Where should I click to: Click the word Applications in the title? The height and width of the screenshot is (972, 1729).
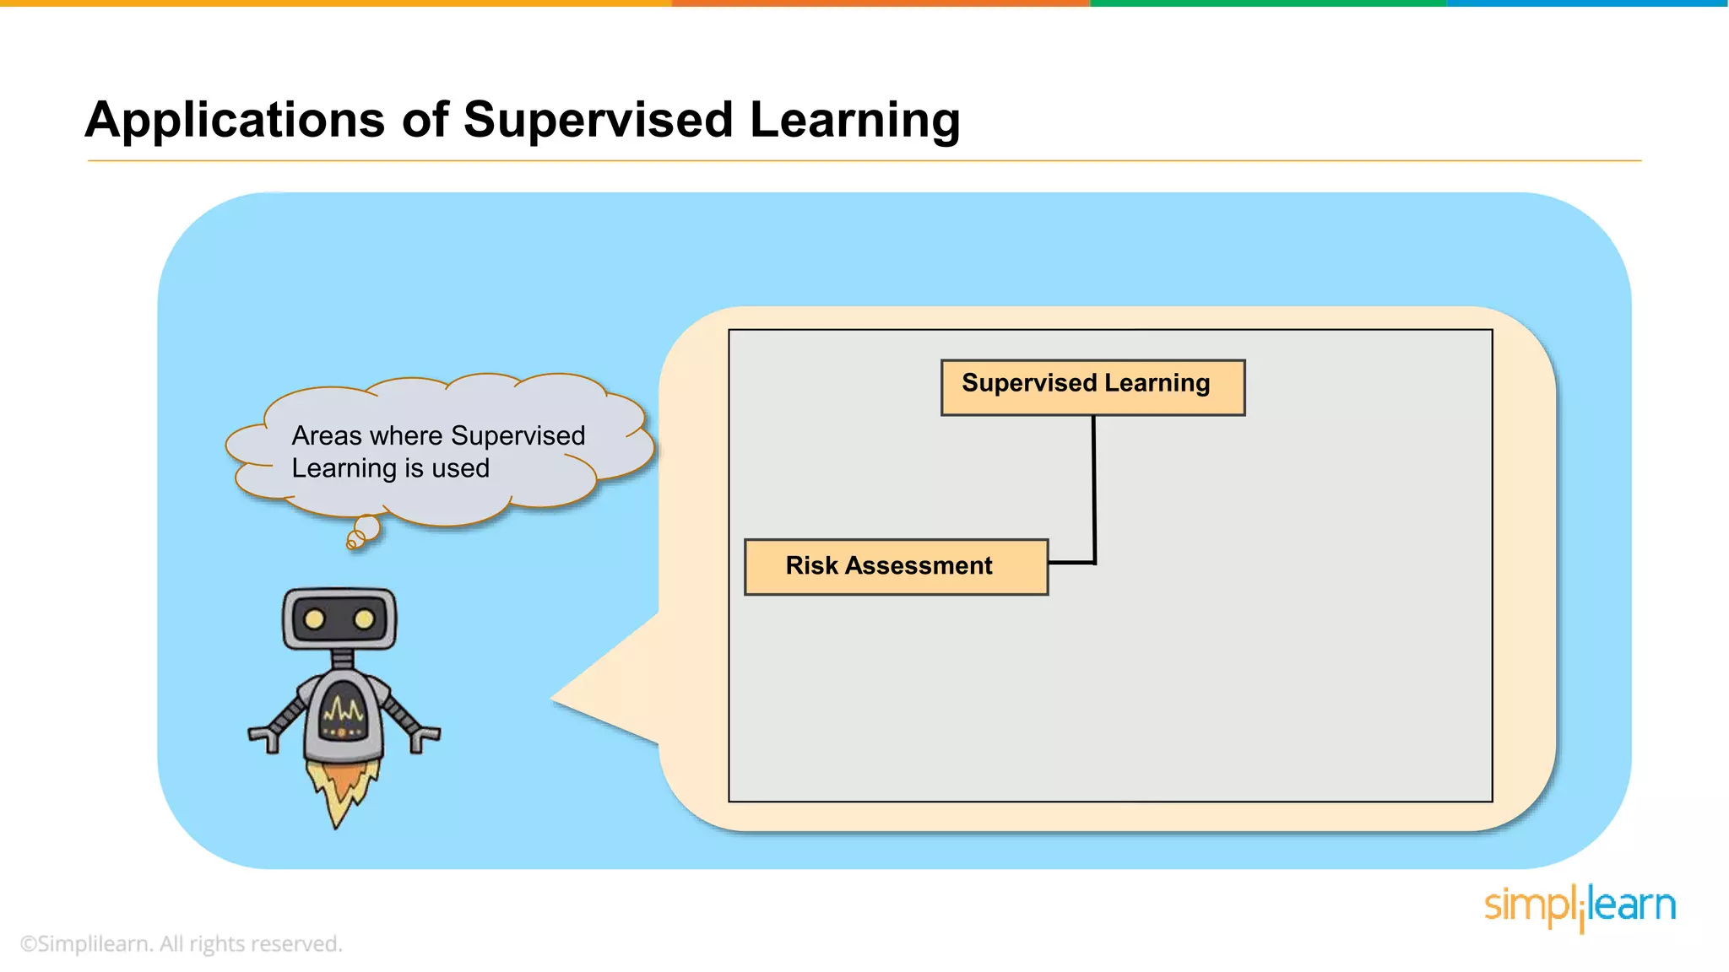(236, 121)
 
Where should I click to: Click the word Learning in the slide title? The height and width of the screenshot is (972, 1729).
(854, 121)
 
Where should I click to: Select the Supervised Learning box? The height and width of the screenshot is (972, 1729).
(1092, 387)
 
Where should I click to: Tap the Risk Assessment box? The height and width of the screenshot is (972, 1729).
(896, 566)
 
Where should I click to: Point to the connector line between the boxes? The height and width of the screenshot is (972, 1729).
(1094, 489)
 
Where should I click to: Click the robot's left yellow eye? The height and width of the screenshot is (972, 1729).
(314, 620)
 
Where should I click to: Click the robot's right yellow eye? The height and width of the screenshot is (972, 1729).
(364, 620)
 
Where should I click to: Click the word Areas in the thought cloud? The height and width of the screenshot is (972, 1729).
(327, 436)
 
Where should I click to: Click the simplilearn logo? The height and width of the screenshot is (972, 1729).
(1580, 906)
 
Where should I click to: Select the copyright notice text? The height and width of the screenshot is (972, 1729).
(182, 943)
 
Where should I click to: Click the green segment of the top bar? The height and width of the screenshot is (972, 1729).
(1266, 3)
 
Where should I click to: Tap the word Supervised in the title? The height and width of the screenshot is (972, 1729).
(598, 121)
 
